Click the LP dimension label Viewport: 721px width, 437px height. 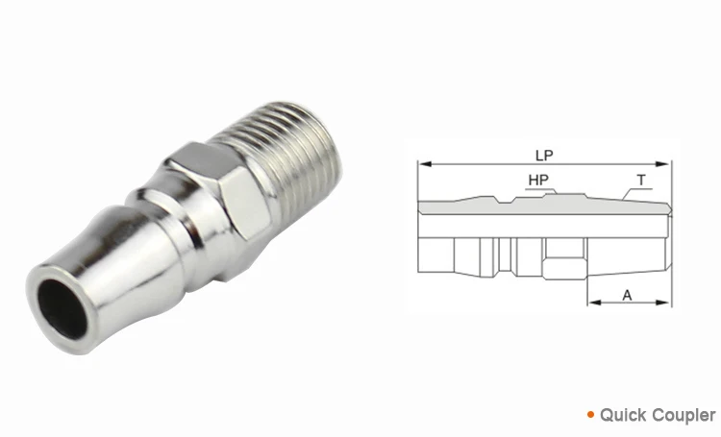543,154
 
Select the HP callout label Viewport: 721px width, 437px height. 539,180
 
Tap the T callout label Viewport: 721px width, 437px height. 640,180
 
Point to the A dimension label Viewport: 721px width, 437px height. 627,296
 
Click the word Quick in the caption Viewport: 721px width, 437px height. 622,416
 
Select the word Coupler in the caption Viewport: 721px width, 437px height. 682,416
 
